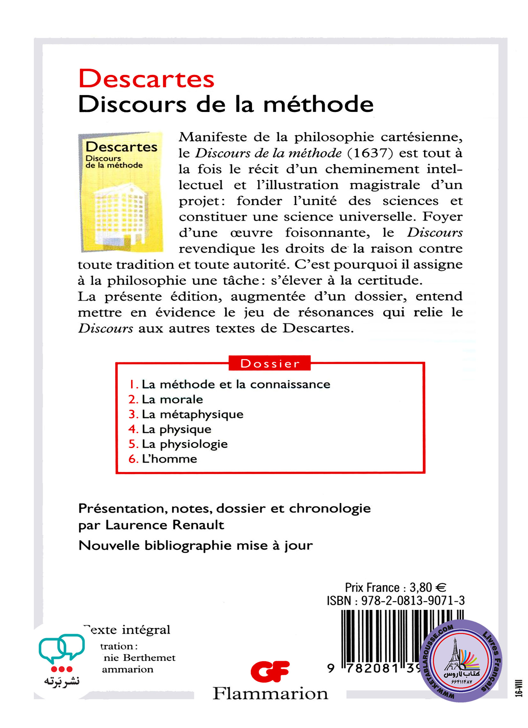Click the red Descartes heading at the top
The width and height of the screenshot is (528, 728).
click(x=146, y=79)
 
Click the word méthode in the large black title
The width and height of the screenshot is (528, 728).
click(x=318, y=104)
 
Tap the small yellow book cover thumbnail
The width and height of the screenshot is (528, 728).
click(x=121, y=192)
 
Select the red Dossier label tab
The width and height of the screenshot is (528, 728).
click(x=269, y=363)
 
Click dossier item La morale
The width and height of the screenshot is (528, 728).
click(x=172, y=399)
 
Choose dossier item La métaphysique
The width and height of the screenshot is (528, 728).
click(x=192, y=415)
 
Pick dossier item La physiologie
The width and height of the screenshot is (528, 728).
click(x=185, y=444)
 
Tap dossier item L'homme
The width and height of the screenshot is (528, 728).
click(x=170, y=459)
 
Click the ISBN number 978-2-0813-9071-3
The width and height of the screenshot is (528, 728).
click(x=413, y=600)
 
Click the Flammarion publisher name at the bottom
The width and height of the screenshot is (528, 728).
click(x=270, y=694)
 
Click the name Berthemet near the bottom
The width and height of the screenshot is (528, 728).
click(x=149, y=658)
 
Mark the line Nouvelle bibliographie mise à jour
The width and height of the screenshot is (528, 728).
click(x=195, y=545)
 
